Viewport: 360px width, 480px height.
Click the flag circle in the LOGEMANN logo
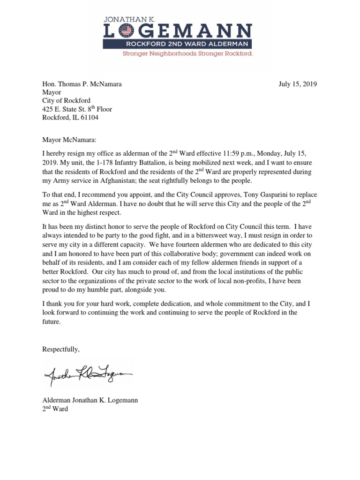point(126,31)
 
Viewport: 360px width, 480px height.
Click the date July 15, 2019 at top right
point(298,84)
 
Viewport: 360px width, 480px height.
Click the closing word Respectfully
point(61,349)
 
